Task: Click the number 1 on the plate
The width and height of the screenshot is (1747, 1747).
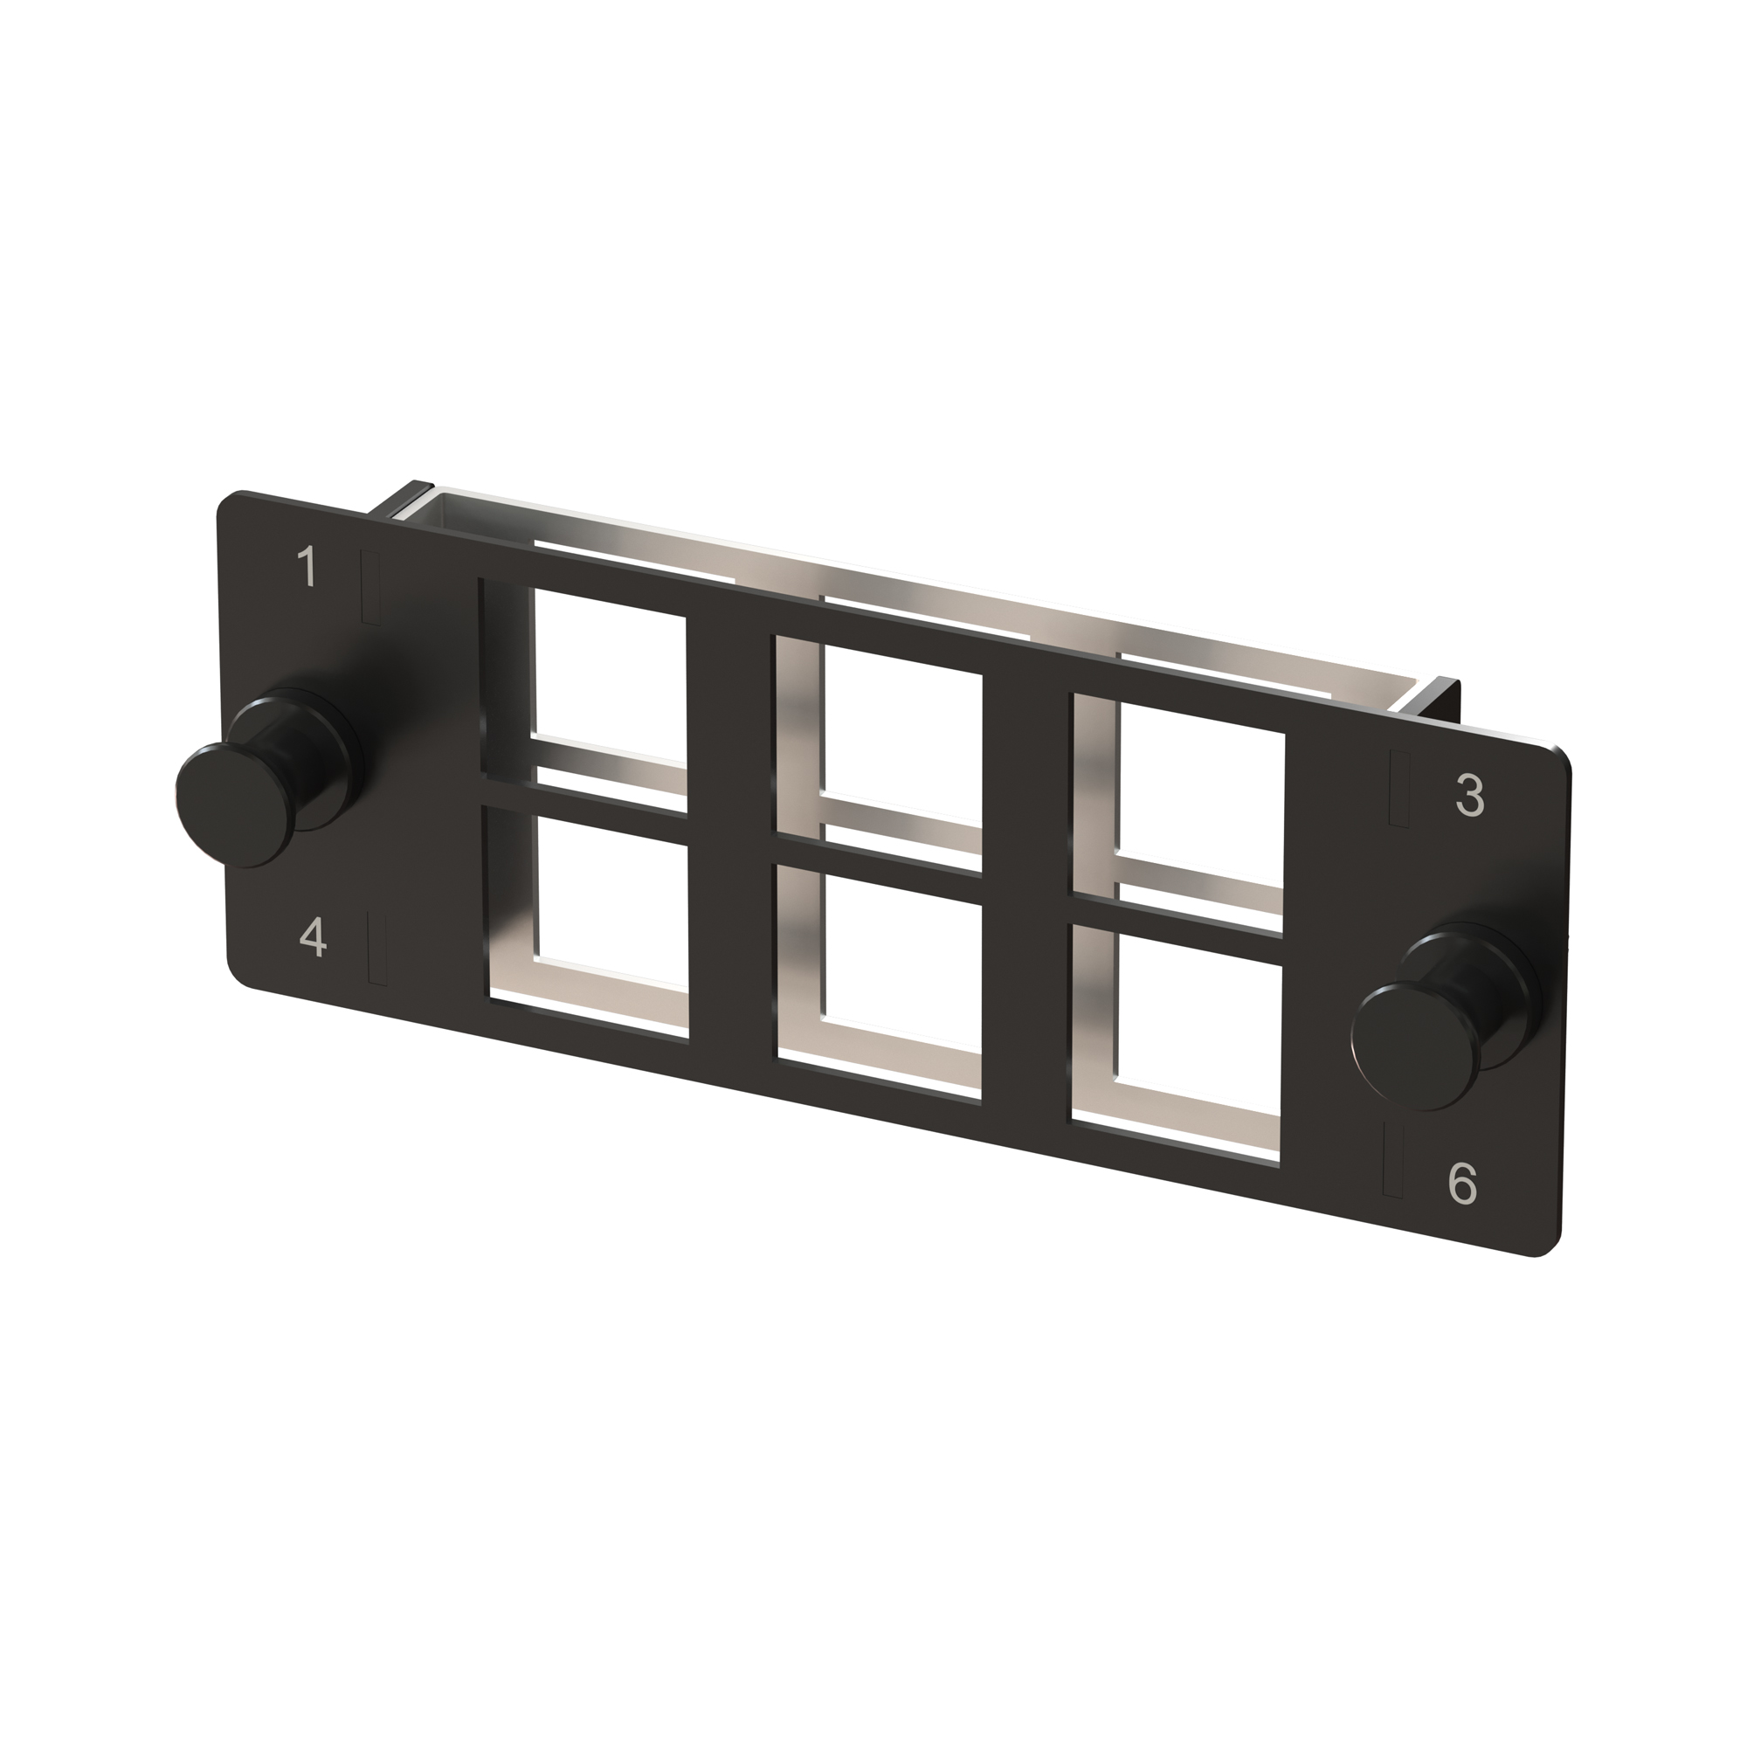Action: point(307,567)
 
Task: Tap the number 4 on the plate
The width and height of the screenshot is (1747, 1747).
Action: point(313,937)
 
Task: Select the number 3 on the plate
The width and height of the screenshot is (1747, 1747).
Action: point(1469,795)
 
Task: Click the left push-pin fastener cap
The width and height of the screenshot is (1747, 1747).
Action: point(237,805)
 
